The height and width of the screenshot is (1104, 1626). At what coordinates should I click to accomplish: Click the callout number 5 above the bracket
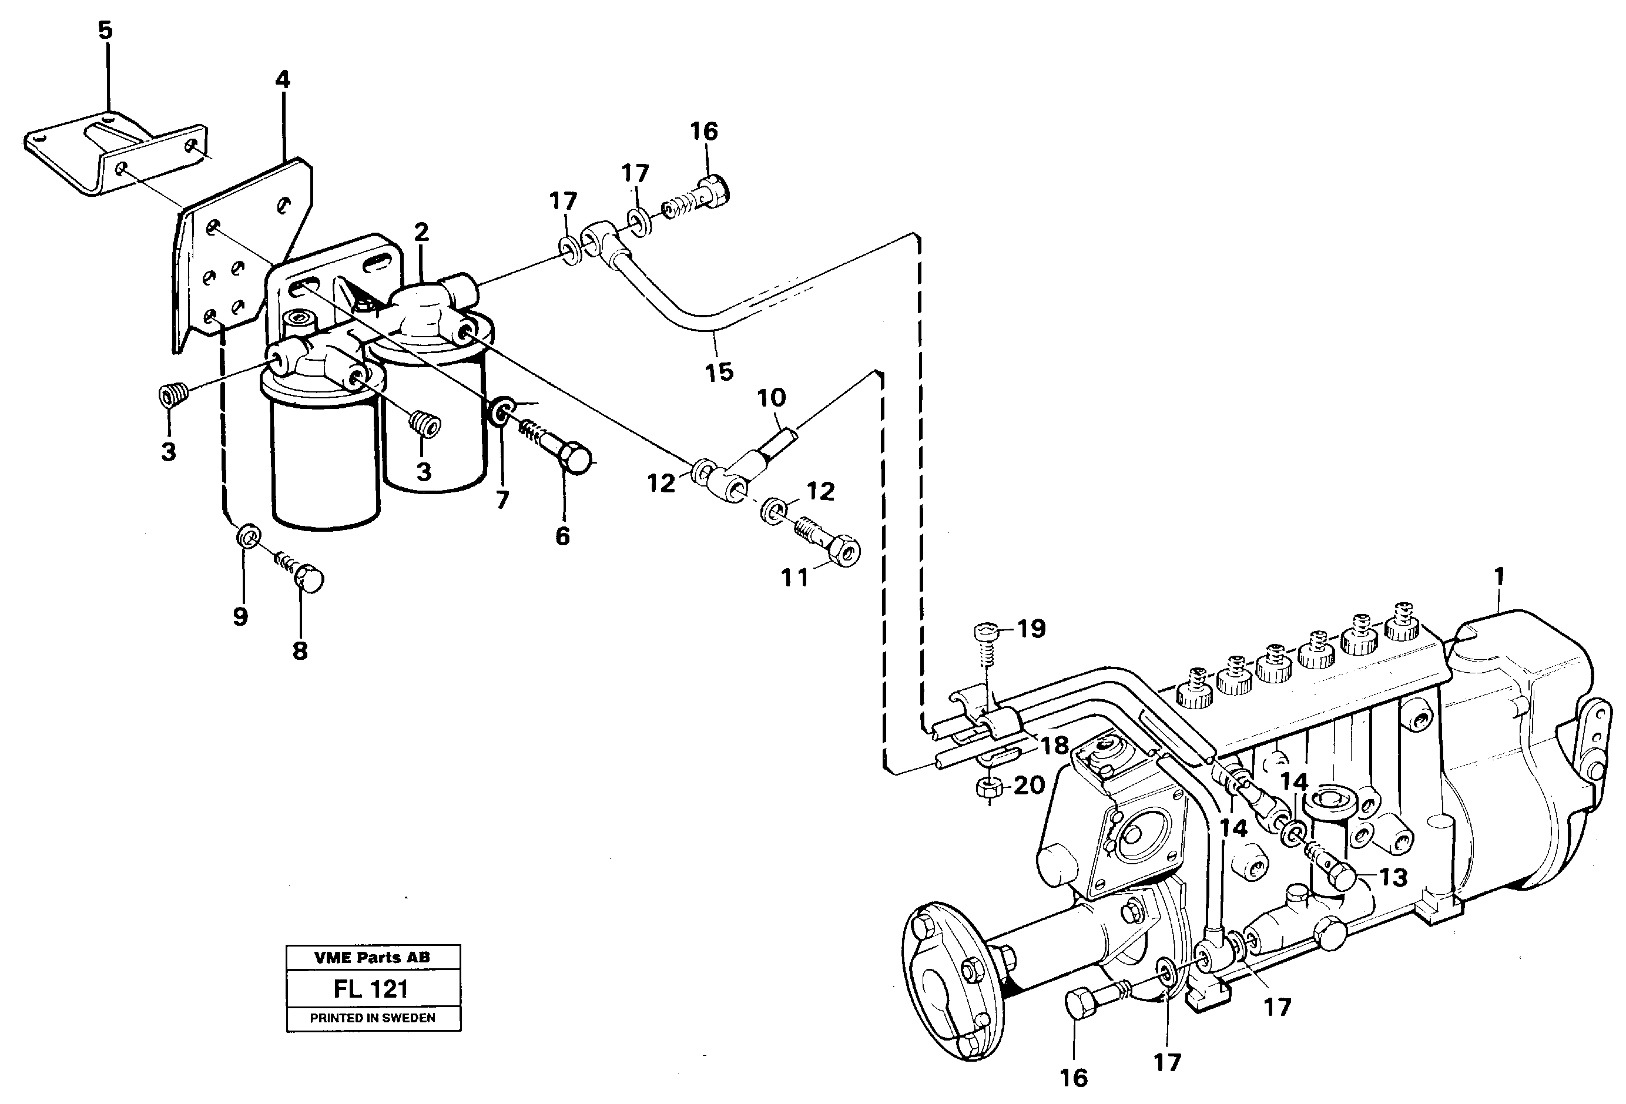(x=105, y=30)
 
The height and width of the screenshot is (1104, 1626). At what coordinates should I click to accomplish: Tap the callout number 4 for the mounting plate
(x=282, y=80)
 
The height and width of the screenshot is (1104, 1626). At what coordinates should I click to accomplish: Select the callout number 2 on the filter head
(x=421, y=231)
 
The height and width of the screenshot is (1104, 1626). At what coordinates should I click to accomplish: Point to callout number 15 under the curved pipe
(x=719, y=372)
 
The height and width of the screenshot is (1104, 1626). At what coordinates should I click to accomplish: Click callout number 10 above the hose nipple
(x=771, y=398)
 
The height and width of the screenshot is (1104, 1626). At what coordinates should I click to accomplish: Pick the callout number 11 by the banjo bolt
(x=795, y=578)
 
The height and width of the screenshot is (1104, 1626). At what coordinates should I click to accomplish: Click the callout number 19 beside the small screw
(x=1031, y=628)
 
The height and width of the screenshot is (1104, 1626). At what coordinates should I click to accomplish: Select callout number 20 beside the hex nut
(x=1029, y=786)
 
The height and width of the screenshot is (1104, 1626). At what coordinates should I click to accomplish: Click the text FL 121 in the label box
(x=371, y=989)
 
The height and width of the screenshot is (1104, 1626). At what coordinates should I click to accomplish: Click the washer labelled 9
(x=247, y=537)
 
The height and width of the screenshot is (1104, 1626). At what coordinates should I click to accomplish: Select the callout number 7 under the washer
(x=502, y=499)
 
